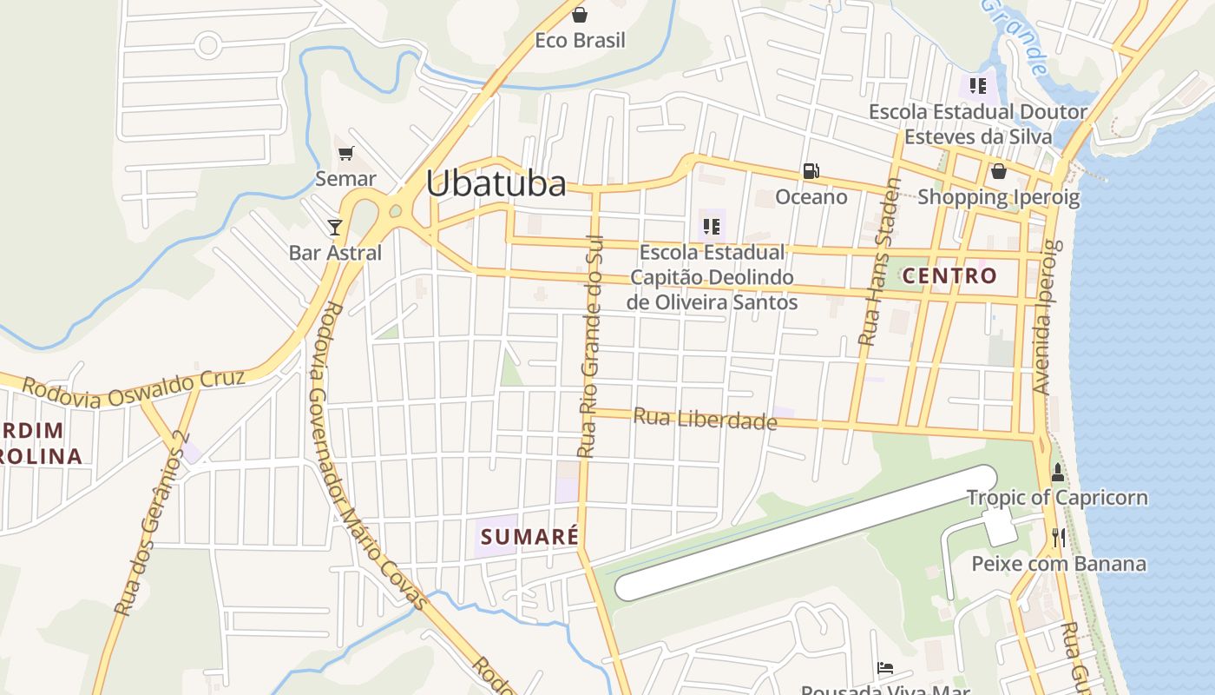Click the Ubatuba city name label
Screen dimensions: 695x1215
[496, 183]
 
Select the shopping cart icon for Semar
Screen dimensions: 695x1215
[346, 154]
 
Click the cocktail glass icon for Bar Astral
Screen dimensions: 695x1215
[335, 228]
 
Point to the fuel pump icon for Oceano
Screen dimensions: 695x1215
[811, 171]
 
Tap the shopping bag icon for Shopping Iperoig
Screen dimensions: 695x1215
[998, 171]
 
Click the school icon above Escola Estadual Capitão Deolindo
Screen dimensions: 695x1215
[712, 227]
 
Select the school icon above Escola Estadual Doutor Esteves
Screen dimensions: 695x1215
[978, 86]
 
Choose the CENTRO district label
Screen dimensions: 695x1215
[949, 276]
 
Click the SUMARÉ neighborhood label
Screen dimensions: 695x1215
[529, 536]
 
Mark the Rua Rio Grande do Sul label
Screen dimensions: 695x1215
[590, 346]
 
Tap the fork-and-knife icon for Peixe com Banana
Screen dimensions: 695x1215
[1058, 538]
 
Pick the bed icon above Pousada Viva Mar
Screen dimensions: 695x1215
[885, 668]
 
